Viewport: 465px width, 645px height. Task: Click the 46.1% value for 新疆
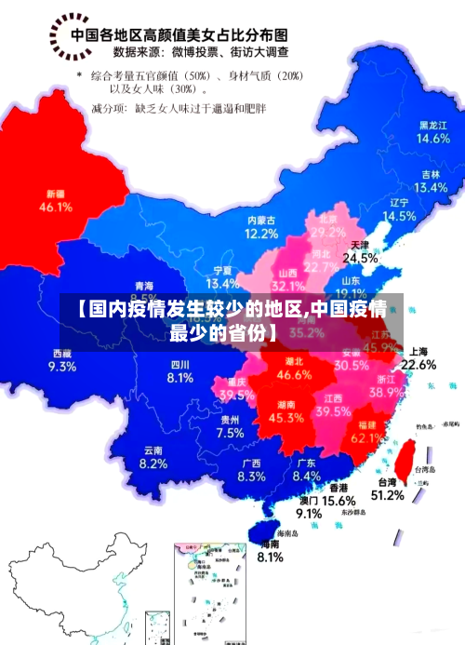coord(56,208)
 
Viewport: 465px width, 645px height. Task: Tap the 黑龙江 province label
coord(433,125)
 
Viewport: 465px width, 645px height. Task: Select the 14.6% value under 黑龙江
coord(433,139)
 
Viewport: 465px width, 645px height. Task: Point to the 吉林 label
coord(431,174)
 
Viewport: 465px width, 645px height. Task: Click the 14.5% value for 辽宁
coord(400,216)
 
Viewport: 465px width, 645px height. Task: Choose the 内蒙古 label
coord(261,221)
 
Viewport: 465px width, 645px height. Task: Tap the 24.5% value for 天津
coord(360,258)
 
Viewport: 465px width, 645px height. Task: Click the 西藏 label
coord(62,353)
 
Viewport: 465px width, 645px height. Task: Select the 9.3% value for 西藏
coord(61,367)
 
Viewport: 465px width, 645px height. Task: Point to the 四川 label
coord(179,364)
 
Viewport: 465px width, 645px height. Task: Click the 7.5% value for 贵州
coord(230,433)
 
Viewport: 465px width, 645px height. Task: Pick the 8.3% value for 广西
coord(251,477)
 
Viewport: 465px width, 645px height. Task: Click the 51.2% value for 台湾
coord(387,495)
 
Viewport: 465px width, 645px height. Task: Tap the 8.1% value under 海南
coord(270,558)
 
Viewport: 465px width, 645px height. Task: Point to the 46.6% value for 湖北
coord(295,375)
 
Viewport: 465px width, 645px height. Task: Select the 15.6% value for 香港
coord(339,501)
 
